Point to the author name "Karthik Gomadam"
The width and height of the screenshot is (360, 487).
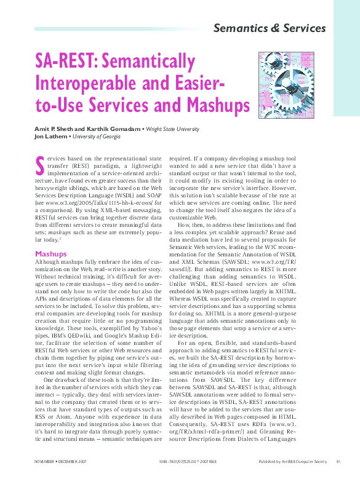tap(116, 129)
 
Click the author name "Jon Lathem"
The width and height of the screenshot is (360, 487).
tap(51, 137)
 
